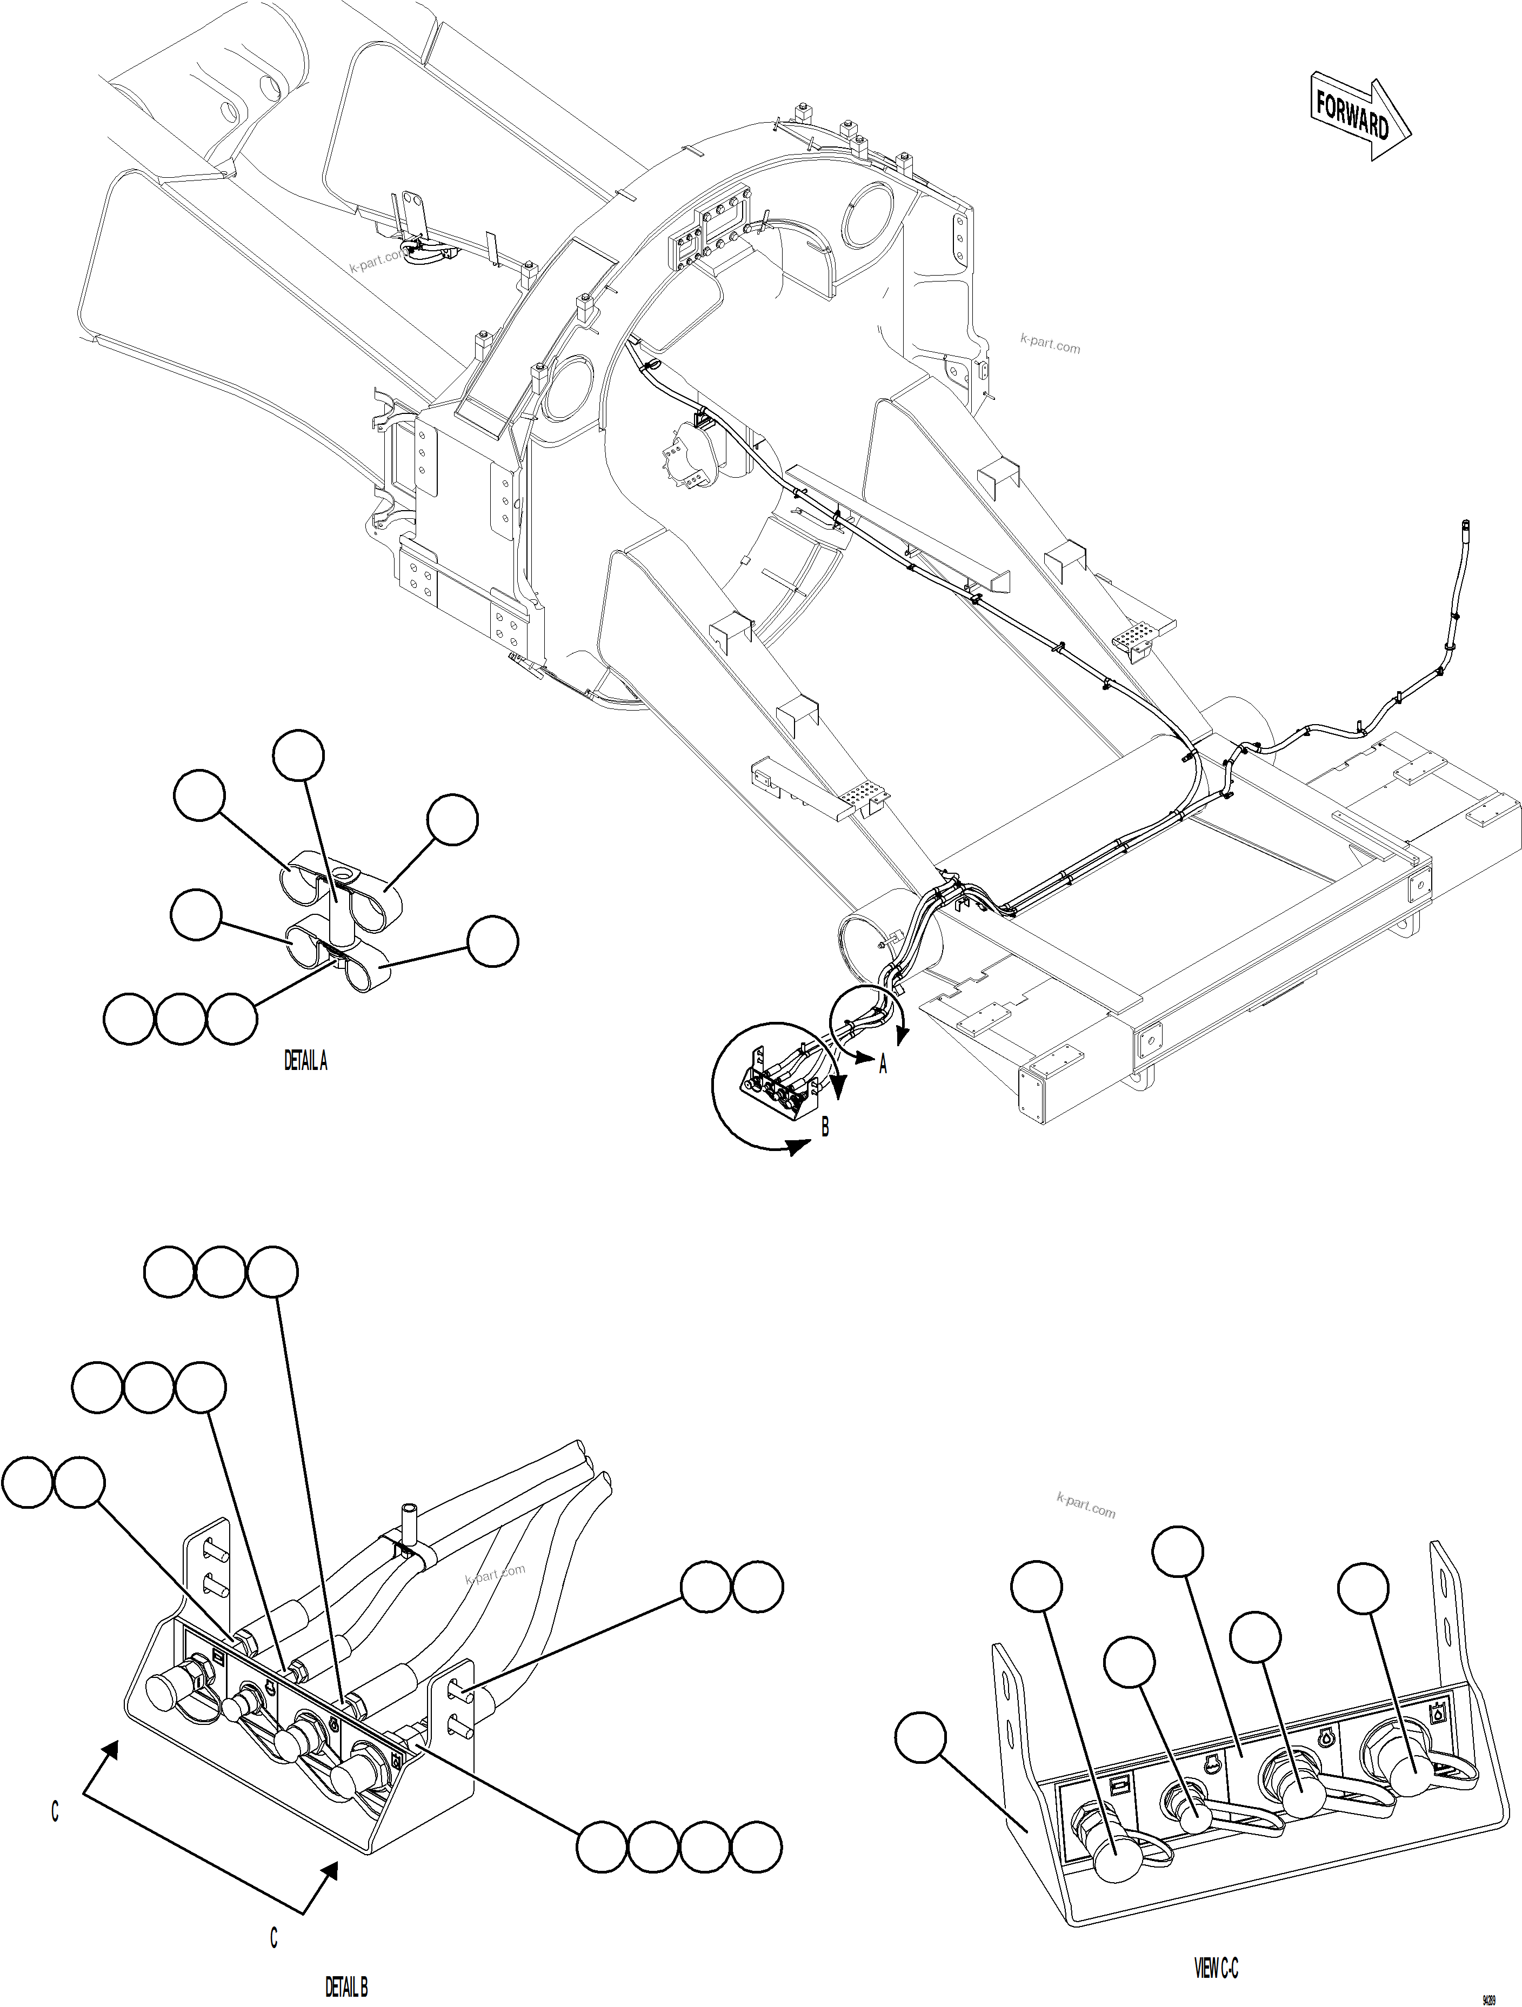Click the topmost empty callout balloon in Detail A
tap(298, 756)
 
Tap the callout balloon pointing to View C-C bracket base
tap(920, 1737)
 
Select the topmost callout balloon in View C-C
tap(1178, 1553)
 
